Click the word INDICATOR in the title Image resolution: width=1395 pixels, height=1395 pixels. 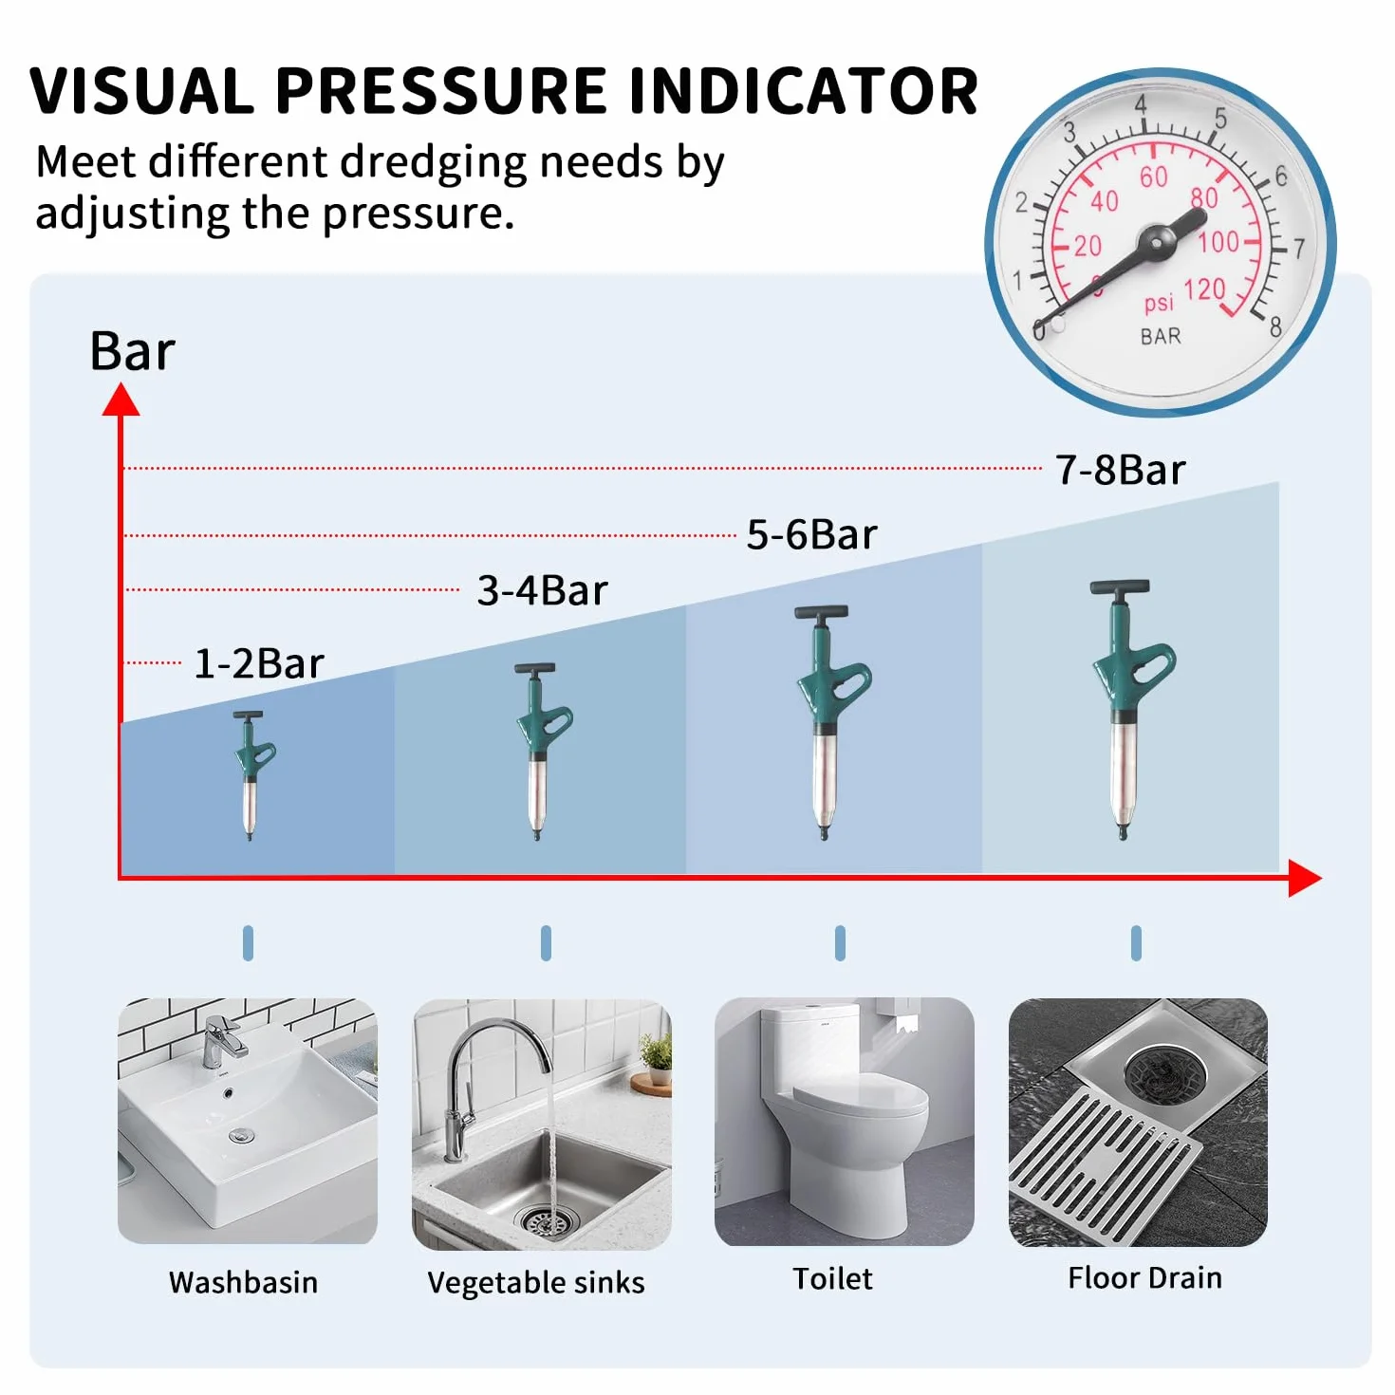tap(803, 90)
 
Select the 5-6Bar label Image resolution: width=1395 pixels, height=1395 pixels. tap(811, 535)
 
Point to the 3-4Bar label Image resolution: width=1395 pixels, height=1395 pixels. tap(542, 590)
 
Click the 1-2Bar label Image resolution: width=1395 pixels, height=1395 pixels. tap(259, 663)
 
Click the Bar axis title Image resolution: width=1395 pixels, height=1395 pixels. tap(132, 352)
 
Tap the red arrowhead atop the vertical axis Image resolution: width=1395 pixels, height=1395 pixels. tap(121, 400)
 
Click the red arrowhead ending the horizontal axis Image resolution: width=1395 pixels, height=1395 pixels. tap(1305, 879)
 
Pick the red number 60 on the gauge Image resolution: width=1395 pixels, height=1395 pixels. tap(1154, 177)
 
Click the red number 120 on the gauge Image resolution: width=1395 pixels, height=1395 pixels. tap(1204, 290)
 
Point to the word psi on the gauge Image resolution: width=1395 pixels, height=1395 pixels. tap(1159, 303)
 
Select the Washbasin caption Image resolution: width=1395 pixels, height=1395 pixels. tap(243, 1282)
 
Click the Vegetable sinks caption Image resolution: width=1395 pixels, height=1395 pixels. tap(536, 1283)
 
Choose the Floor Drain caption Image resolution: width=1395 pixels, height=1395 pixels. tap(1145, 1277)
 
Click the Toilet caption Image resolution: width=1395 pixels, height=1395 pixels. tap(832, 1278)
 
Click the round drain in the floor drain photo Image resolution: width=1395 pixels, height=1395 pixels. tap(1164, 1069)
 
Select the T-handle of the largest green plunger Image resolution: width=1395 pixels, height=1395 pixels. tap(1120, 586)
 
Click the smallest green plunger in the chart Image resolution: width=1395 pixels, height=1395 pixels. tap(251, 774)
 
